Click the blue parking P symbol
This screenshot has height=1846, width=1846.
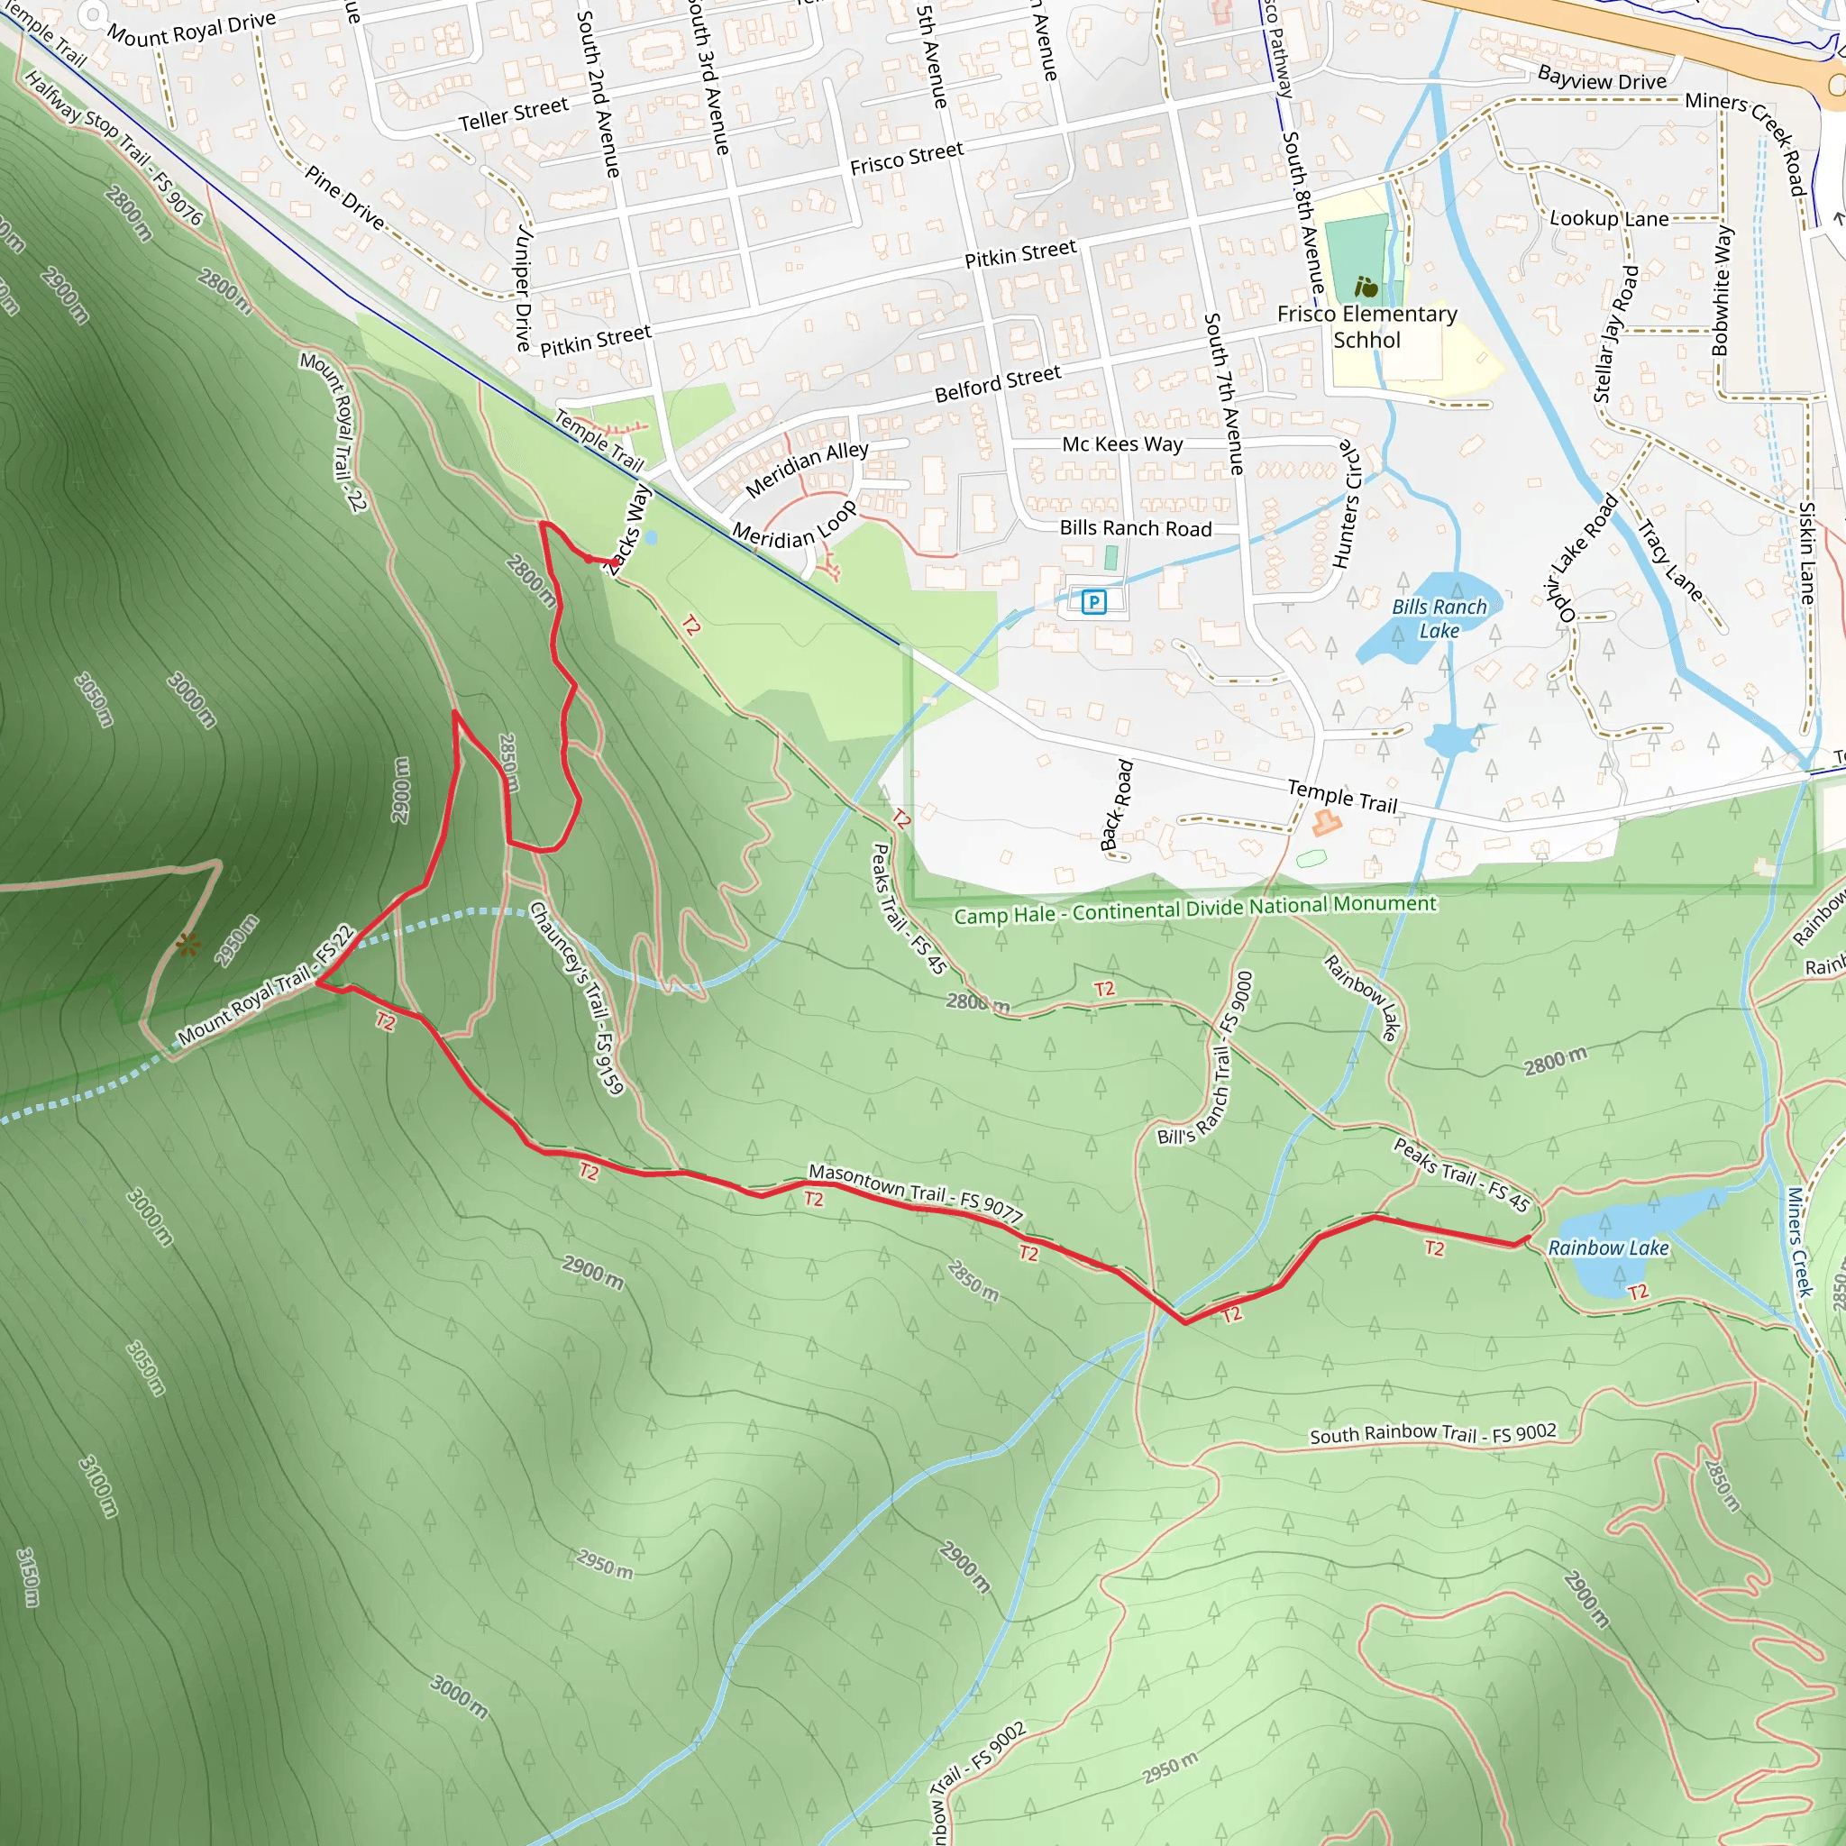[1093, 601]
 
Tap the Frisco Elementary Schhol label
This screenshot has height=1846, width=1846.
[1366, 327]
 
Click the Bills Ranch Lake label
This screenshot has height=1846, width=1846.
[1439, 618]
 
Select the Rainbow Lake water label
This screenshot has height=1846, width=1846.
[1608, 1247]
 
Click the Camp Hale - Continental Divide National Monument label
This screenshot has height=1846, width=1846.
[1194, 909]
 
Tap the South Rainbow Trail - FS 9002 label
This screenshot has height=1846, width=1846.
[1432, 1433]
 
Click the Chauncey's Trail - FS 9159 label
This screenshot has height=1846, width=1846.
[577, 997]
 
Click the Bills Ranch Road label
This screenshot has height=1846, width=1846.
[1135, 528]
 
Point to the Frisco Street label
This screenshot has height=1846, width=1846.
[906, 159]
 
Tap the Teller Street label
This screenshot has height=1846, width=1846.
[513, 114]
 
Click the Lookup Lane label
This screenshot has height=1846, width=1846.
[1608, 219]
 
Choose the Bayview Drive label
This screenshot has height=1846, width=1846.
[1602, 79]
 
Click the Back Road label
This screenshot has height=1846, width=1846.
[1116, 805]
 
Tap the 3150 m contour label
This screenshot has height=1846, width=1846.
[29, 1576]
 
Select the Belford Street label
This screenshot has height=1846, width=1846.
[997, 383]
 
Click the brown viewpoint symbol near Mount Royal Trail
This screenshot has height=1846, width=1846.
[188, 945]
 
